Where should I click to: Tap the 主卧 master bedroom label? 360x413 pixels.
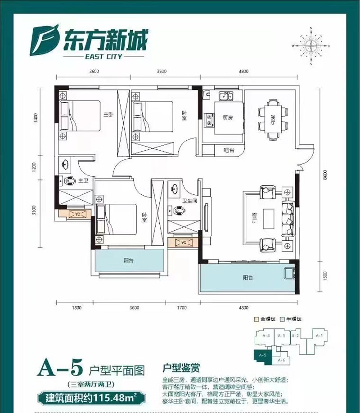[x=108, y=114]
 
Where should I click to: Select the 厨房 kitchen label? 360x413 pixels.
[x=227, y=118]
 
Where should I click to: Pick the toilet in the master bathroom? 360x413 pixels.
[x=68, y=182]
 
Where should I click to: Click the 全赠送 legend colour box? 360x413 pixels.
[x=256, y=319]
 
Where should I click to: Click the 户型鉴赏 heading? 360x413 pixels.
[x=179, y=368]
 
